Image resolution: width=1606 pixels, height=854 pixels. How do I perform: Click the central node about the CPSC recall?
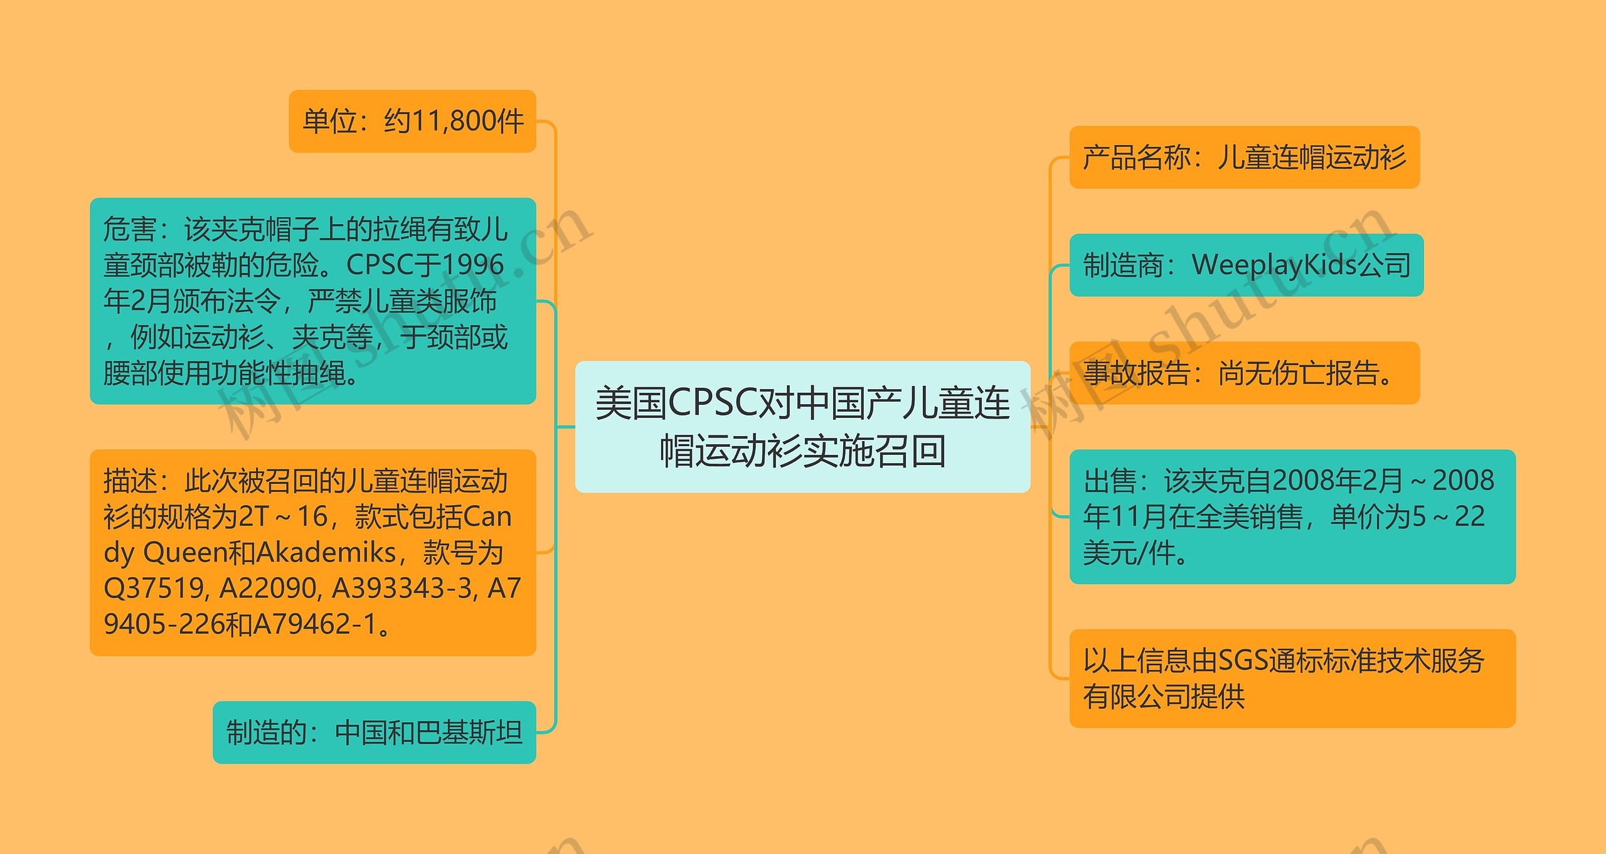point(802,427)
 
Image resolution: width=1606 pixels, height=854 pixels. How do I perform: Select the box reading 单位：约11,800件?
point(412,121)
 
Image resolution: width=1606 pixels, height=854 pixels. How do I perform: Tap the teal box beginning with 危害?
point(312,301)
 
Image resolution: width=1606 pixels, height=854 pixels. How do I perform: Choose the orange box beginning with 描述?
point(312,552)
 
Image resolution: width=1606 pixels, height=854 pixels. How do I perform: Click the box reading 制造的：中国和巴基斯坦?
point(374,732)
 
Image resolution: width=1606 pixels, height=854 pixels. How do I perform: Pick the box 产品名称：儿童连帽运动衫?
point(1244,157)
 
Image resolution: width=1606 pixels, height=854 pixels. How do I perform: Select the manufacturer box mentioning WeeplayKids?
point(1246,265)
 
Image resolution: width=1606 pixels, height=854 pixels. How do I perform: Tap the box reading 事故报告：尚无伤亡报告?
point(1244,373)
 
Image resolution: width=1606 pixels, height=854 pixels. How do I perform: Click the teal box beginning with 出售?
point(1292,516)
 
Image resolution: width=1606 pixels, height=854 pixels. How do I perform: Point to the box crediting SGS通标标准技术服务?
point(1292,678)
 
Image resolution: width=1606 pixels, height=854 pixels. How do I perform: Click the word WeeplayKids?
point(1274,265)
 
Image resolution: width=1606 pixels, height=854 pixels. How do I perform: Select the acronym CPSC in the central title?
point(713,403)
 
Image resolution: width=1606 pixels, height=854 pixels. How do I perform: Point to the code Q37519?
point(154,589)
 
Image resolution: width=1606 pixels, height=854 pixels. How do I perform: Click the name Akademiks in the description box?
point(326,553)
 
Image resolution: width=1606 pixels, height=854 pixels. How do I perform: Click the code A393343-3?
point(401,589)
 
